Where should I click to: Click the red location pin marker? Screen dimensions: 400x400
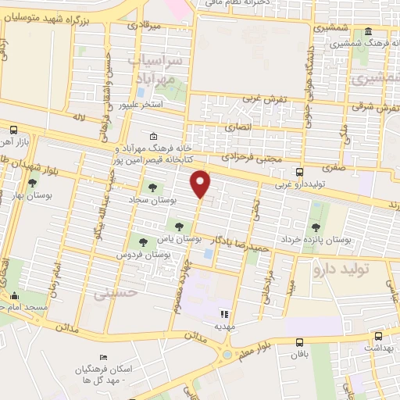pos(202,184)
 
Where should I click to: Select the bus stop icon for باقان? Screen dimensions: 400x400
pos(300,342)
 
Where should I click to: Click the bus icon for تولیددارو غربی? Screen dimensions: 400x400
pos(300,173)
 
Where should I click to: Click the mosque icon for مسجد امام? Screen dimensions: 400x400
pos(13,296)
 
